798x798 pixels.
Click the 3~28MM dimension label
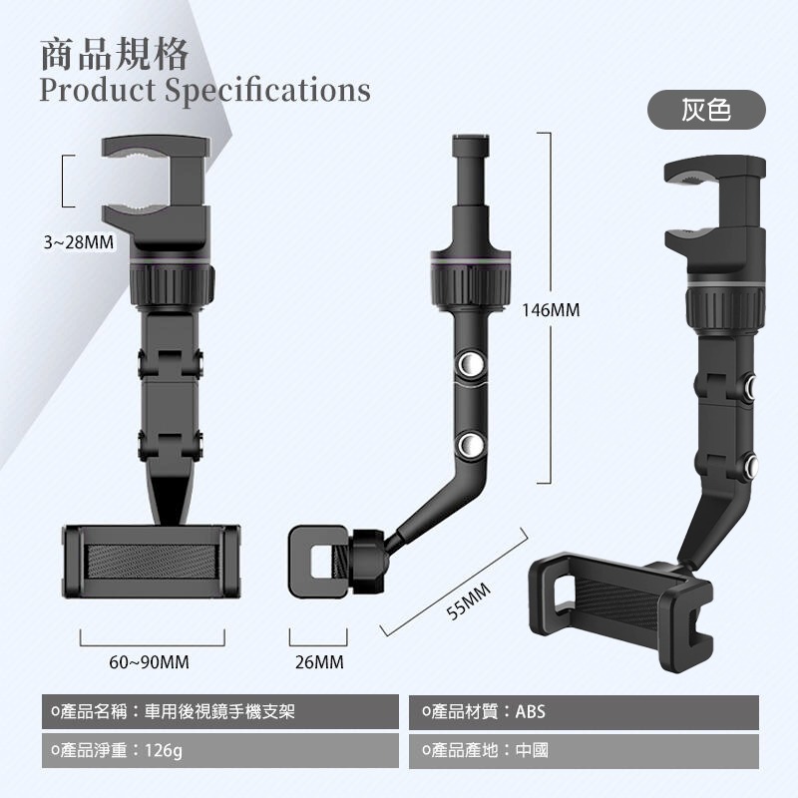79,241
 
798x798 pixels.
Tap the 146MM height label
551,310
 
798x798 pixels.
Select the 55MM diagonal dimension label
469,601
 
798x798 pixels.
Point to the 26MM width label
319,662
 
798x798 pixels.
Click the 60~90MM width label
149,662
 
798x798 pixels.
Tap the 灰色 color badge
706,110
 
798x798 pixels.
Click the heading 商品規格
115,54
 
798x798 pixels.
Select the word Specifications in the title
268,91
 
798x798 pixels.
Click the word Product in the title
98,90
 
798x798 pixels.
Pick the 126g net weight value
164,750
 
